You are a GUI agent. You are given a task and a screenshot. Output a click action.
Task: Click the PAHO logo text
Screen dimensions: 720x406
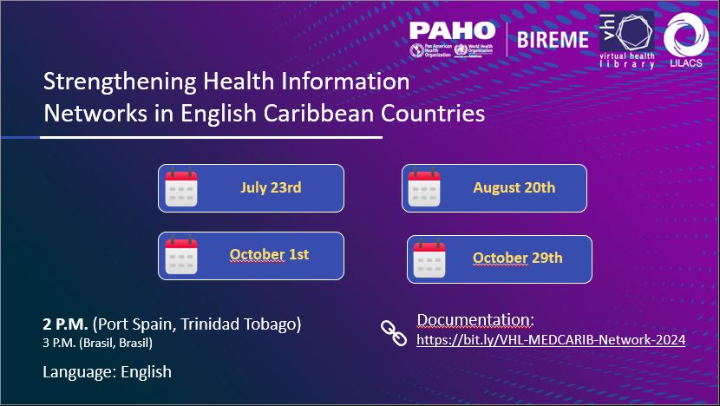pyautogui.click(x=452, y=30)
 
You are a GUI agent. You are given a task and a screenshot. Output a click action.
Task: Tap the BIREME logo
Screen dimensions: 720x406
pyautogui.click(x=553, y=40)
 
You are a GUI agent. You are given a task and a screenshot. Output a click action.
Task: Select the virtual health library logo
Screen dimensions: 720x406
pyautogui.click(x=627, y=40)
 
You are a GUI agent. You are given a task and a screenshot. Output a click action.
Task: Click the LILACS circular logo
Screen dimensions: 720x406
pyautogui.click(x=686, y=40)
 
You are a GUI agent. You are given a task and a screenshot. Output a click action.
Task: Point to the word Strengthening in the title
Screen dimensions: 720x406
pyautogui.click(x=120, y=82)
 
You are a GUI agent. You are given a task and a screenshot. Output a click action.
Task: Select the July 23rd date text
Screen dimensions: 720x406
pyautogui.click(x=271, y=187)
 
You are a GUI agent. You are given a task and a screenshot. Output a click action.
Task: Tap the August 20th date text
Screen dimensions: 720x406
pyautogui.click(x=514, y=187)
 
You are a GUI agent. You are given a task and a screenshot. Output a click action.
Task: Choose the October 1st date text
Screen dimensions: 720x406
pyautogui.click(x=269, y=254)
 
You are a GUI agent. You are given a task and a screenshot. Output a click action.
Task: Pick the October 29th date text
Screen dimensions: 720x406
pyautogui.click(x=518, y=258)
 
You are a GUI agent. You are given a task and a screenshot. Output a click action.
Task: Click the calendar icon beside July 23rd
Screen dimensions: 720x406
pyautogui.click(x=181, y=187)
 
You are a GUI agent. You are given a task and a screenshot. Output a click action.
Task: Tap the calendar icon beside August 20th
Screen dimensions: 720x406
pyautogui.click(x=424, y=187)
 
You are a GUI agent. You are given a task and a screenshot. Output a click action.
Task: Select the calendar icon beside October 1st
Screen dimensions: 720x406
pyautogui.click(x=181, y=255)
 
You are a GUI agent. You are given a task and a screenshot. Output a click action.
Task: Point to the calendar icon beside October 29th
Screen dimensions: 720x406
pyautogui.click(x=429, y=259)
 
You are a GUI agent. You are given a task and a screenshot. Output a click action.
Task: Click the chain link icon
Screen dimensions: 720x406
pyautogui.click(x=394, y=333)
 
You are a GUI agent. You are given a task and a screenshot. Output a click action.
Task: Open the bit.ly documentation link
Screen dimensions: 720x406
pyautogui.click(x=551, y=340)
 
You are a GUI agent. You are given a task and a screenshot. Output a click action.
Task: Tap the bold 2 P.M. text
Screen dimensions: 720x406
pyautogui.click(x=65, y=324)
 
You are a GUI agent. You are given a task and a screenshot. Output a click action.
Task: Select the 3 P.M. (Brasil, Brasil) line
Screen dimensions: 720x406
pyautogui.click(x=97, y=343)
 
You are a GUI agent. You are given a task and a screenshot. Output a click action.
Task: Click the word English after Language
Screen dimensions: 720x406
pyautogui.click(x=146, y=372)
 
